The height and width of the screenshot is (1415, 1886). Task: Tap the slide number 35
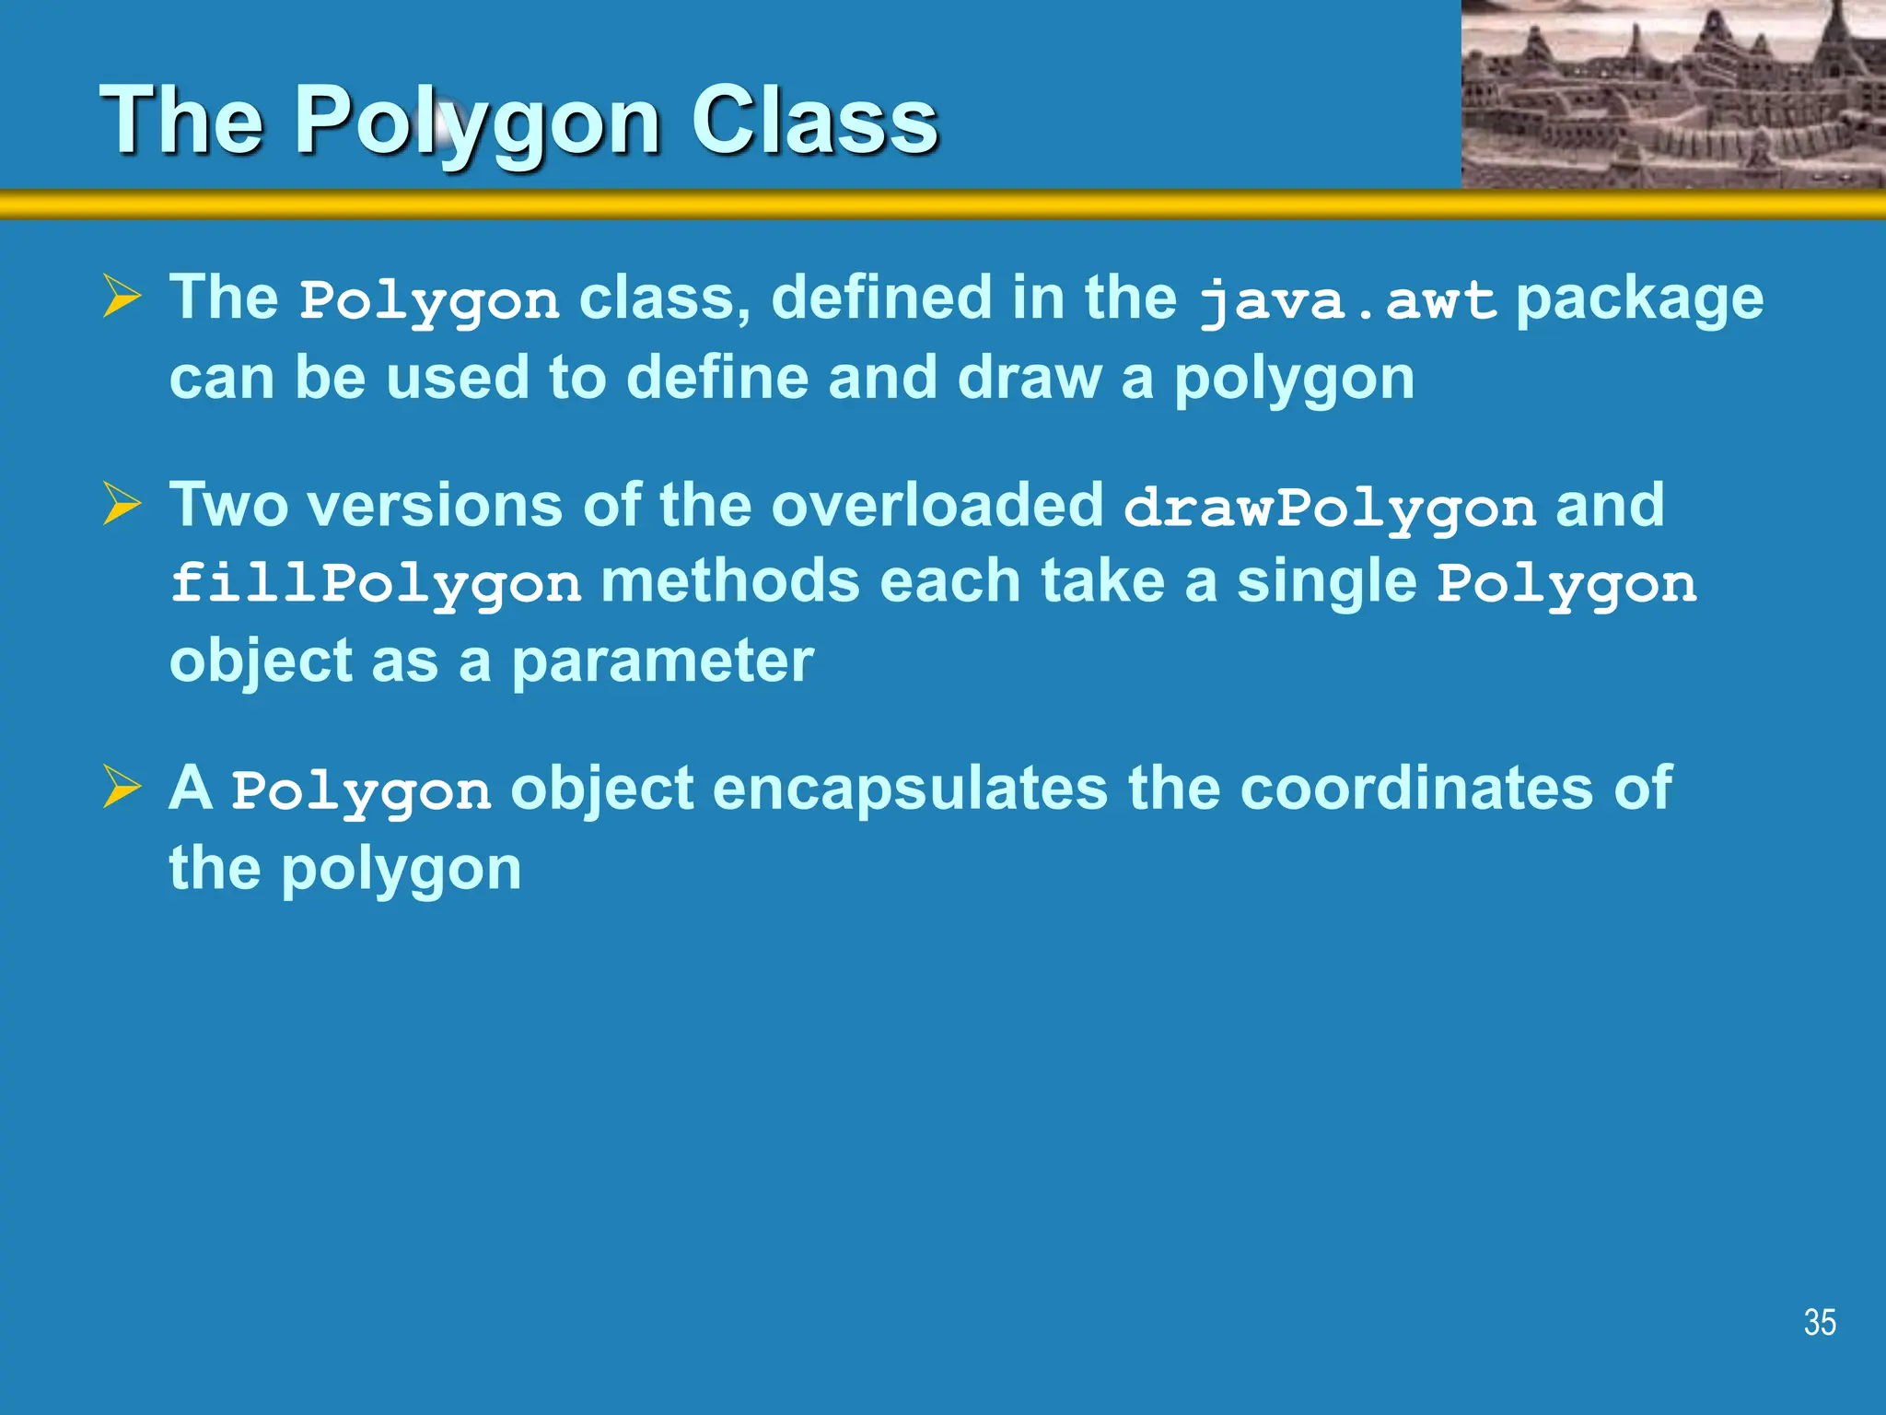point(1820,1323)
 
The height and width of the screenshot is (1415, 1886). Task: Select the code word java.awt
point(1347,301)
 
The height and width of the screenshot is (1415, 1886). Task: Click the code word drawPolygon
point(1329,508)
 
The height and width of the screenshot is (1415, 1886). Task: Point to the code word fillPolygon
point(376,584)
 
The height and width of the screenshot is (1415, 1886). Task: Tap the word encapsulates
point(910,789)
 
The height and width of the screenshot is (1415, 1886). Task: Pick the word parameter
point(662,661)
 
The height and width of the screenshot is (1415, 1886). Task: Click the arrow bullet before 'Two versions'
point(122,504)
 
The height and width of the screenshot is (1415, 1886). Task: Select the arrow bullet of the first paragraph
point(122,297)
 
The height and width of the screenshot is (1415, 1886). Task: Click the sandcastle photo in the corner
point(1673,94)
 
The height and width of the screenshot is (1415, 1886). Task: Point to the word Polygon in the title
point(476,122)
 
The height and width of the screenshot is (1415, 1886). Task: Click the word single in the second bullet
point(1326,582)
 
